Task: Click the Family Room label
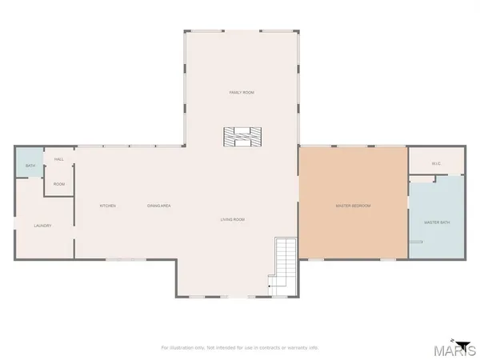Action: click(242, 93)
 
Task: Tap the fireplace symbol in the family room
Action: click(242, 137)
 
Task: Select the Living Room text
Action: click(233, 219)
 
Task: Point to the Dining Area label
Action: click(159, 206)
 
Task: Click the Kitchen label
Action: click(108, 206)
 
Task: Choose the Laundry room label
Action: click(43, 226)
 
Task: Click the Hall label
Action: click(59, 159)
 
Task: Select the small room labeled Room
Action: click(59, 184)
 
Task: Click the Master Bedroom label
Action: click(353, 206)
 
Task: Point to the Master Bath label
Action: click(437, 222)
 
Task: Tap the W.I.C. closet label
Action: click(436, 164)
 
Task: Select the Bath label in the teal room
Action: click(30, 166)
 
